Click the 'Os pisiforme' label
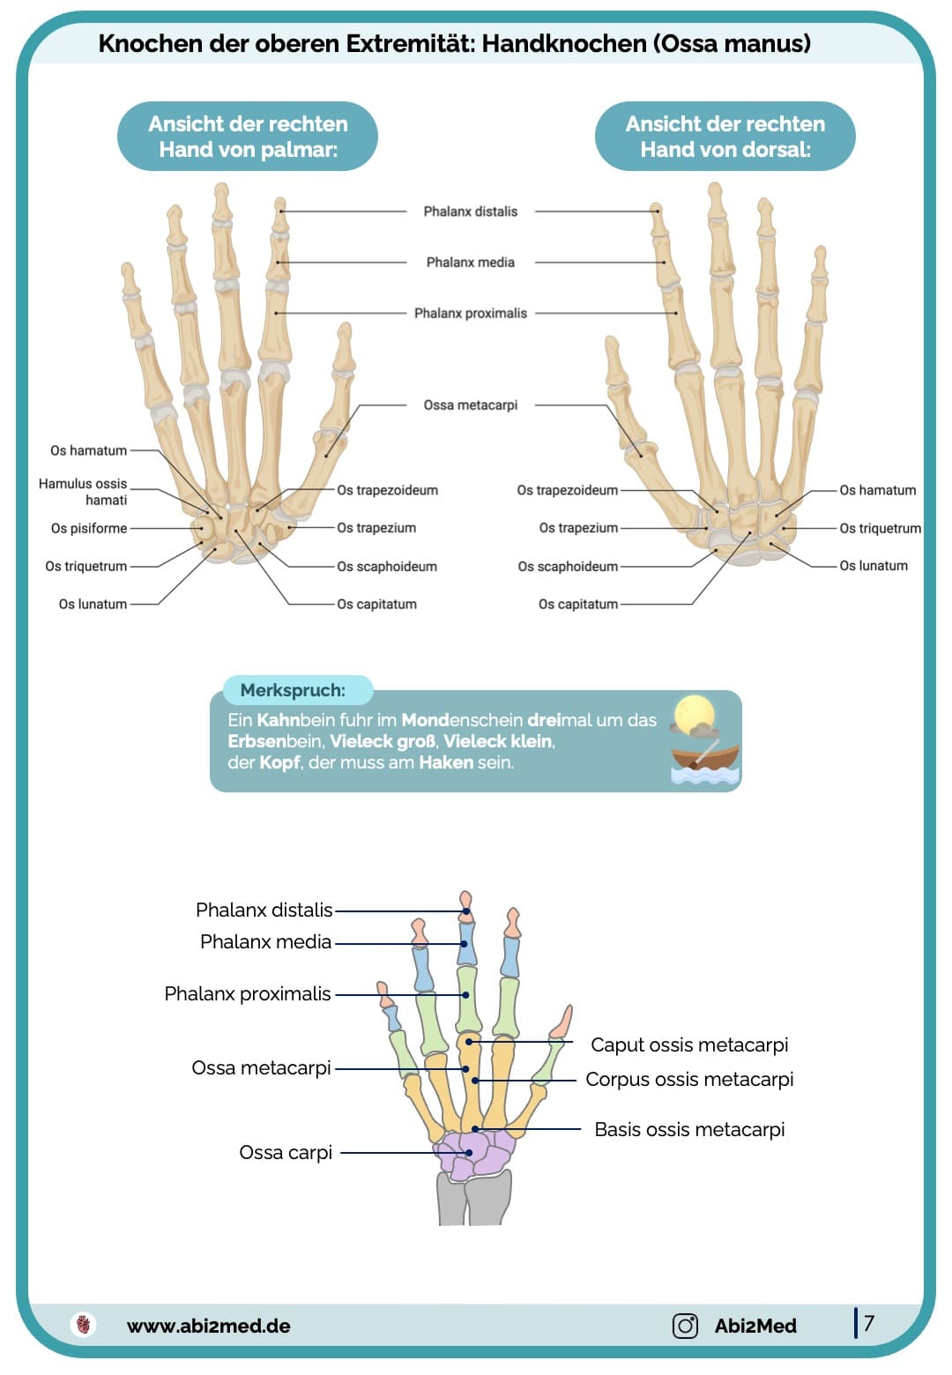pos(89,529)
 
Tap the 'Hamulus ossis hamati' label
pos(83,492)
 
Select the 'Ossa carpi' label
pos(286,1153)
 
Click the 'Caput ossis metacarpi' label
pos(689,1045)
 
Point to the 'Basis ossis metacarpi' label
pos(689,1130)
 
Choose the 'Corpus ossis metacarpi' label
pos(689,1080)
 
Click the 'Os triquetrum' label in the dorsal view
pos(880,529)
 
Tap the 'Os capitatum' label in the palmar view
pos(376,605)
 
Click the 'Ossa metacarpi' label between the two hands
pos(470,405)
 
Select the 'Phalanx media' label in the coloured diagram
pos(265,942)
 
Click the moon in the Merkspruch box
pos(694,712)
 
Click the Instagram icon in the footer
pos(685,1326)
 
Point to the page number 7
pos(869,1323)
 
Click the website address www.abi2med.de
pos(208,1327)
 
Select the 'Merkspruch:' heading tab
pos(293,690)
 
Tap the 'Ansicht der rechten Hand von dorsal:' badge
pos(725,137)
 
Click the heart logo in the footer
pos(84,1325)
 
